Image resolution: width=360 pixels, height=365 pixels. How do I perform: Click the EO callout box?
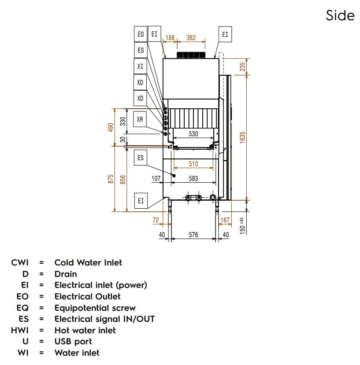141,34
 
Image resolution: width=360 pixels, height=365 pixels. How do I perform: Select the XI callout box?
140,66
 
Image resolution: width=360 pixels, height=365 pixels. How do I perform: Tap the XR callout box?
140,119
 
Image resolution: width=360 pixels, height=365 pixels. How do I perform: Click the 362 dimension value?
191,38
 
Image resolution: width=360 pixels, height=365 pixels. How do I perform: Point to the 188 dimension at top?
169,38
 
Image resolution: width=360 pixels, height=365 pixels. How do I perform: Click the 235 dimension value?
242,66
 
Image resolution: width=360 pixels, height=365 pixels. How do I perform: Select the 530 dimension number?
193,134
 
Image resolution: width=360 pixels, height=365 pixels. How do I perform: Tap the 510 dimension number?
193,164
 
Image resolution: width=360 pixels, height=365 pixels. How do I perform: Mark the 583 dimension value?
193,178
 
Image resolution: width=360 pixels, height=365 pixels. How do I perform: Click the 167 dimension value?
225,220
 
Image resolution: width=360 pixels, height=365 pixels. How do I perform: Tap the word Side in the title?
340,15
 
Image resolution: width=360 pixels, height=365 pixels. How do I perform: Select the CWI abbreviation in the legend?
20,263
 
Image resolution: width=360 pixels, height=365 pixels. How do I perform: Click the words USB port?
73,341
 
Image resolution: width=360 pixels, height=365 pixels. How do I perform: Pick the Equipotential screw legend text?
95,308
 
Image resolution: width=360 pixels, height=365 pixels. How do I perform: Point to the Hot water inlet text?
85,330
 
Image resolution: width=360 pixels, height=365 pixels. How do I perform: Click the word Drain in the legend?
66,274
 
